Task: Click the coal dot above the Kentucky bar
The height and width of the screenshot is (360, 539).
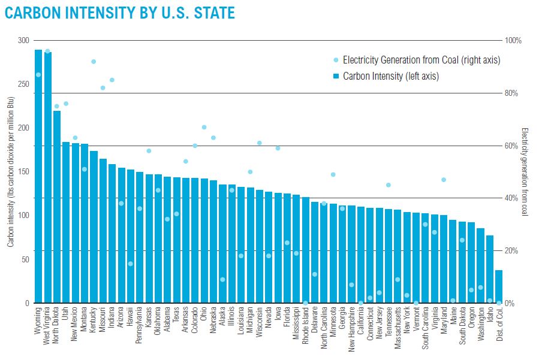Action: (94, 62)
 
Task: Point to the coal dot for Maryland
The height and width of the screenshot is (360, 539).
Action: (444, 180)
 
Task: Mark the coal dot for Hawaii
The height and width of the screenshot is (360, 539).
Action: (130, 264)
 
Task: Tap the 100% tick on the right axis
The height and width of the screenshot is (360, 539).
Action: (514, 41)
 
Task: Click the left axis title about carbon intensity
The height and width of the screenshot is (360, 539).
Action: (10, 174)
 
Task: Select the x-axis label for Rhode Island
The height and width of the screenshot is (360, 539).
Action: (306, 327)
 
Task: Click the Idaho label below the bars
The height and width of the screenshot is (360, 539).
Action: (490, 318)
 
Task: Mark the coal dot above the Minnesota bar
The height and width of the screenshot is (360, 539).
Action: (333, 174)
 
